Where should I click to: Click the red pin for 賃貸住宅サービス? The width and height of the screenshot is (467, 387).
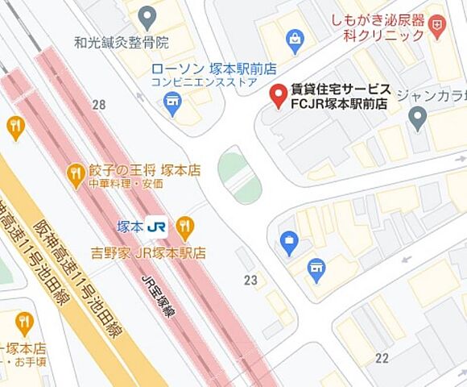(x=278, y=96)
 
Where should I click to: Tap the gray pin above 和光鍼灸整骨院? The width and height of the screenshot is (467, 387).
(x=147, y=16)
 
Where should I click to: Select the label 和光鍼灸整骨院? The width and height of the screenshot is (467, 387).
(x=122, y=41)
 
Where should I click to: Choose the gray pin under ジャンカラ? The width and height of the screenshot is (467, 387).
(x=416, y=119)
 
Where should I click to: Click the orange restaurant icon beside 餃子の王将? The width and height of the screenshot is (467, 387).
(x=76, y=172)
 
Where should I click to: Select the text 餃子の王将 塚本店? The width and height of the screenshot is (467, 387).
(x=144, y=171)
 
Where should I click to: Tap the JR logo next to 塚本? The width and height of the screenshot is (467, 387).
(x=159, y=227)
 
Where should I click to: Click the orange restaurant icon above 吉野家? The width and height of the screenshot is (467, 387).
(x=185, y=227)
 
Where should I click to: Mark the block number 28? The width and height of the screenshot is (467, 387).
(x=99, y=105)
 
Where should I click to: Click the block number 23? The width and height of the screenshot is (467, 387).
(x=250, y=281)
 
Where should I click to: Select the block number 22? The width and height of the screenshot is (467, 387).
(x=382, y=358)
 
